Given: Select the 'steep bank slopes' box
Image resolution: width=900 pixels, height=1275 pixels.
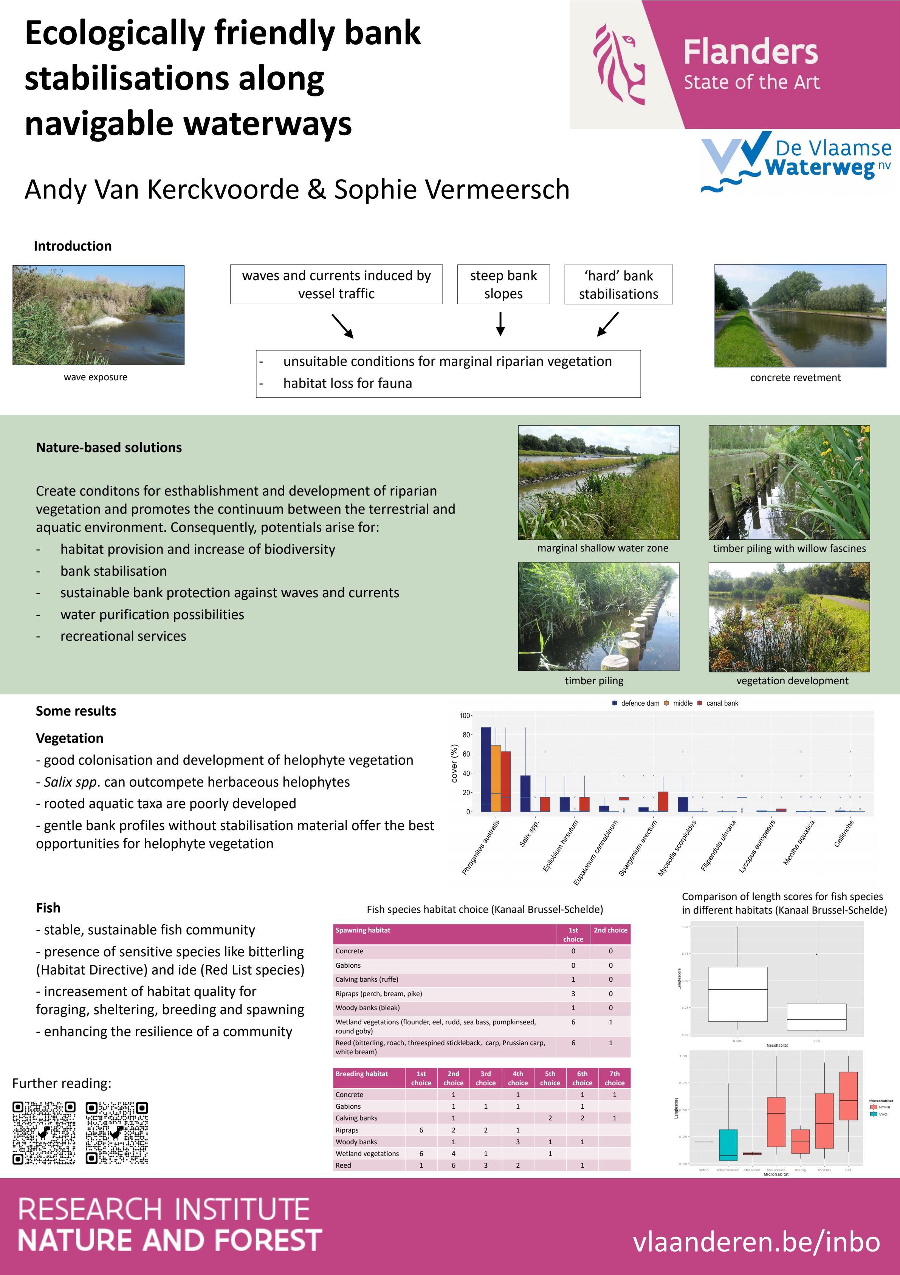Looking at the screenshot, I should (x=503, y=284).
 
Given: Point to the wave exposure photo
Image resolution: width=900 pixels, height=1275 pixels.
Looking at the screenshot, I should (x=98, y=315).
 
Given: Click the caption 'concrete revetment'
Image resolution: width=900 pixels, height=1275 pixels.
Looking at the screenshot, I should (x=795, y=378).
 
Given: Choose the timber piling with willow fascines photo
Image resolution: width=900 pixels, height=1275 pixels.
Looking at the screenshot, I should (x=789, y=482).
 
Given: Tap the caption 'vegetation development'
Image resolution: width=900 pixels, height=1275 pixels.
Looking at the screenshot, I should (x=792, y=681).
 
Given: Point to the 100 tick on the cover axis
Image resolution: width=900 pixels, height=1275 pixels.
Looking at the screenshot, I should (x=465, y=716).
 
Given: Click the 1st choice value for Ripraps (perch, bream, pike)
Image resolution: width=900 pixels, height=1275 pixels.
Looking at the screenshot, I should (x=573, y=993).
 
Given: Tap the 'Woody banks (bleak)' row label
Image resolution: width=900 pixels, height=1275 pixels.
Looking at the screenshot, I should (x=367, y=1007).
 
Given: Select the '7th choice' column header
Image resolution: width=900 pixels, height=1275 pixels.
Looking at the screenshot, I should (x=614, y=1078).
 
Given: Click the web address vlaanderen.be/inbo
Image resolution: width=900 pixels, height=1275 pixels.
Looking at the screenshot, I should (x=756, y=1242).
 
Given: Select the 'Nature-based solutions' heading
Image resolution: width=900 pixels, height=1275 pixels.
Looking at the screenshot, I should (x=109, y=448).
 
